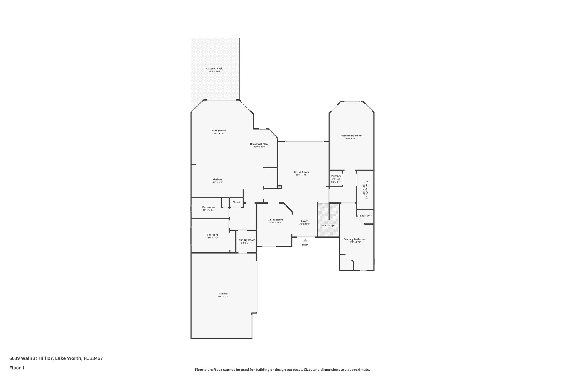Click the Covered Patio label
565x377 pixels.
coord(215,68)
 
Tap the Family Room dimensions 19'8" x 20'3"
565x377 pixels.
coord(219,134)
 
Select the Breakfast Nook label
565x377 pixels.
coord(260,144)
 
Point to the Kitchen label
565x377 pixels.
coord(217,180)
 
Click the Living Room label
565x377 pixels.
coord(301,172)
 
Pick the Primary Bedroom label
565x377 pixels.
coord(351,136)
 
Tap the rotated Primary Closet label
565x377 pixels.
coord(367,190)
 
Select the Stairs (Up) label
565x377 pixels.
coord(328,225)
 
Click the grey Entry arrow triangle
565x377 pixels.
coord(305,240)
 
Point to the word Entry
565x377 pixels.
coord(305,245)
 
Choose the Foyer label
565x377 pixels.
coord(304,221)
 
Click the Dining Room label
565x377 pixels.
coord(275,220)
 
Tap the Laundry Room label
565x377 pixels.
coord(246,240)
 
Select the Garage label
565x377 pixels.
coord(223,294)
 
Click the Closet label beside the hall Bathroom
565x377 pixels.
coord(236,202)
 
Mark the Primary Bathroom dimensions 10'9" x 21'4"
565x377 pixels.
coord(355,242)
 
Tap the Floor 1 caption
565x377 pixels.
coord(17,368)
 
